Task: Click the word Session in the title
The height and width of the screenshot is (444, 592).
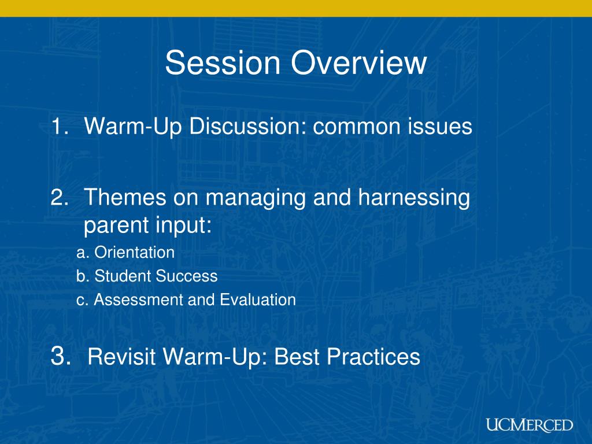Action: [223, 62]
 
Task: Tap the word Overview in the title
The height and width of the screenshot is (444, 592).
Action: [358, 62]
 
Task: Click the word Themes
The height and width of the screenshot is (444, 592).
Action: [125, 197]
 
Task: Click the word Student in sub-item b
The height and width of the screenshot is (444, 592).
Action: [122, 276]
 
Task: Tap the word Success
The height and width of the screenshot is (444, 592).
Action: [187, 276]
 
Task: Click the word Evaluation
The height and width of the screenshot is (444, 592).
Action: [258, 300]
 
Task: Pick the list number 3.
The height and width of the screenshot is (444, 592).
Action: [61, 356]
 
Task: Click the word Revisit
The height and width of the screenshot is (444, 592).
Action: [121, 356]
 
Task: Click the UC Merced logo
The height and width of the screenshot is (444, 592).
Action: [530, 425]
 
